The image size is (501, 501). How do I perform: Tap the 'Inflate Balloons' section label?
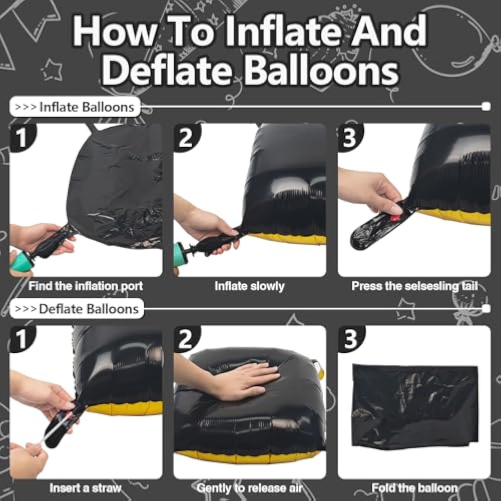point(75,107)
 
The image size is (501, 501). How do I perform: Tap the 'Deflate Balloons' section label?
point(77,309)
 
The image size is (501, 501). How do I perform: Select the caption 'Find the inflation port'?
point(86,286)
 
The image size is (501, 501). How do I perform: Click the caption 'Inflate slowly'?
point(249,286)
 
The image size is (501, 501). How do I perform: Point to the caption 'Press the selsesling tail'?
point(414,286)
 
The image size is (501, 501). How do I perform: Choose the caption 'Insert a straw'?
point(85,488)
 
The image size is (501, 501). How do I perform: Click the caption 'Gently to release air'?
point(249,488)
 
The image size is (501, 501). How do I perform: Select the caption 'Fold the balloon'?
point(414,488)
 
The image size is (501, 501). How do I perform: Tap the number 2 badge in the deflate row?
point(186,339)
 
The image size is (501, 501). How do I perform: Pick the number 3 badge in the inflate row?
point(350,137)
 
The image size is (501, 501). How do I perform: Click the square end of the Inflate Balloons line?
point(486,107)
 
